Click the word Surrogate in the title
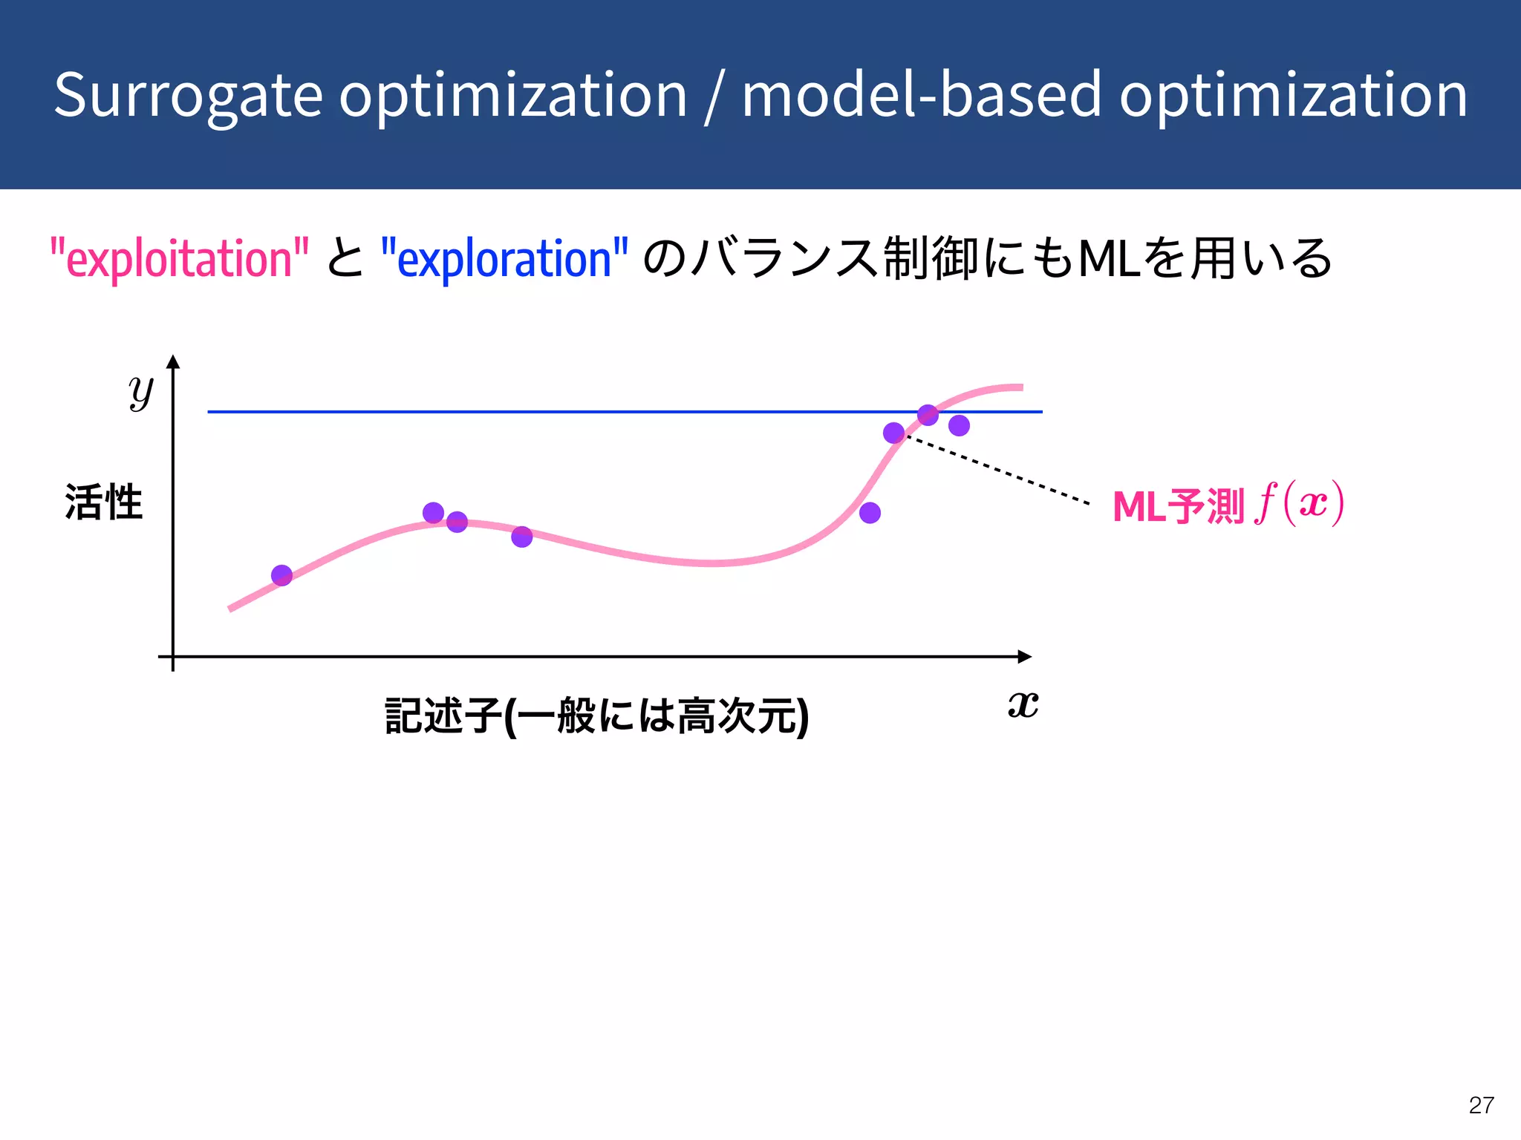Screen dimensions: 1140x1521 coord(188,96)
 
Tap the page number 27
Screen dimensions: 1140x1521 coord(1481,1105)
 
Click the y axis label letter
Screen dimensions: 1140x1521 coord(140,391)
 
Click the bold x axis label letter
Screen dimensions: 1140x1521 coord(1023,704)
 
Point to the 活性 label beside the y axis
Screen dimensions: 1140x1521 coord(103,502)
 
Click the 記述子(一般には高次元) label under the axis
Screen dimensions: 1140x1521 coord(596,716)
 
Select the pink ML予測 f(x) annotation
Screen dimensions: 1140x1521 coord(1228,505)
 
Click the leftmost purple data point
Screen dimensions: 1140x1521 coord(281,575)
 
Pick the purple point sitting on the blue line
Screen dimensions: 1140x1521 coord(928,415)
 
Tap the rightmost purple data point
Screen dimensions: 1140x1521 coord(959,425)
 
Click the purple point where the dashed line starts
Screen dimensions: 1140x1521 coord(893,433)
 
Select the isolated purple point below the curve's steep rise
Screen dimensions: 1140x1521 coord(870,513)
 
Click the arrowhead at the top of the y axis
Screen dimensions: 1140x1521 coord(173,362)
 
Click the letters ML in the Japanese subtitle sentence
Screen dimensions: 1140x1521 coord(1109,259)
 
